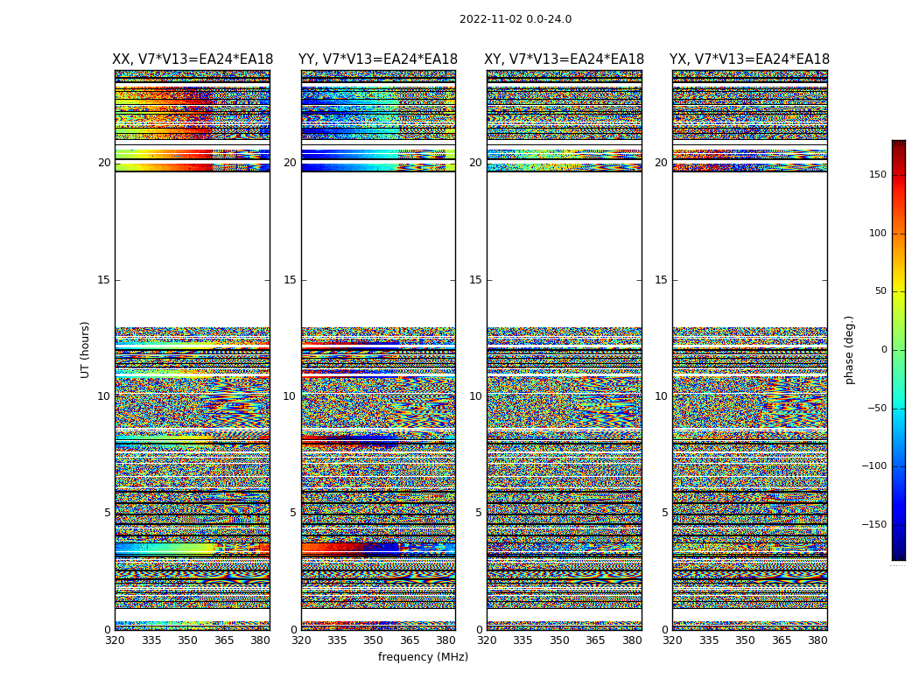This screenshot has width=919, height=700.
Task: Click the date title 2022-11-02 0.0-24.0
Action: pos(516,19)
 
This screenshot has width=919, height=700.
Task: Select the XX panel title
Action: pos(193,59)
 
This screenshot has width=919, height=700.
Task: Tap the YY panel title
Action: pos(378,59)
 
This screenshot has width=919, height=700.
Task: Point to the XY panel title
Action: pos(565,59)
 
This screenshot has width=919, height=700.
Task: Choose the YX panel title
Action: pos(750,59)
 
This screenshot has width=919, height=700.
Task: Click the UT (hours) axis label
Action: pos(86,349)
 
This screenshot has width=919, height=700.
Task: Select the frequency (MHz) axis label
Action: pos(423,657)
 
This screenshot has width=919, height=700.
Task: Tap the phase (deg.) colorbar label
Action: pos(850,349)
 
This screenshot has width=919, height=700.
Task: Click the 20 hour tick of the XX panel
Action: pos(104,163)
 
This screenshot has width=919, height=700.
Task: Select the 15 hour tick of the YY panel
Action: pos(290,280)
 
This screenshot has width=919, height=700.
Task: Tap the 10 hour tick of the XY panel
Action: pos(475,396)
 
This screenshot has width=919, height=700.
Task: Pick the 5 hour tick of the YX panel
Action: pos(664,513)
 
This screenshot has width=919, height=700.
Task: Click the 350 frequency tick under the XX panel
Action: pos(188,640)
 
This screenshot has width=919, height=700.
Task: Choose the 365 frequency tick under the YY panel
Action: pos(410,640)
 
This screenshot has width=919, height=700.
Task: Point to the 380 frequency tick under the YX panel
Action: pos(817,640)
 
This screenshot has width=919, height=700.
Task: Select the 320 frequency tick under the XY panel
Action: pos(488,640)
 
